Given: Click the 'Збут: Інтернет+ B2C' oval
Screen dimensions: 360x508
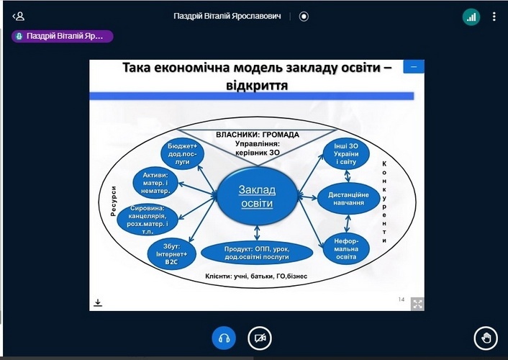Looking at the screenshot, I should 171,253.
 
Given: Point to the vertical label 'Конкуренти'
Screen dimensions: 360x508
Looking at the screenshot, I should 385,203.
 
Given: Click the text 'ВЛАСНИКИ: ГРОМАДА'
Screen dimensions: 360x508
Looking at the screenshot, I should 257,135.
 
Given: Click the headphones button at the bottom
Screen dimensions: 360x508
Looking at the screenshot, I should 223,338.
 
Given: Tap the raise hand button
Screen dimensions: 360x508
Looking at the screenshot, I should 486,338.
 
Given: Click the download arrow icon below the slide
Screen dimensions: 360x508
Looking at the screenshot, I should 98,302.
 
